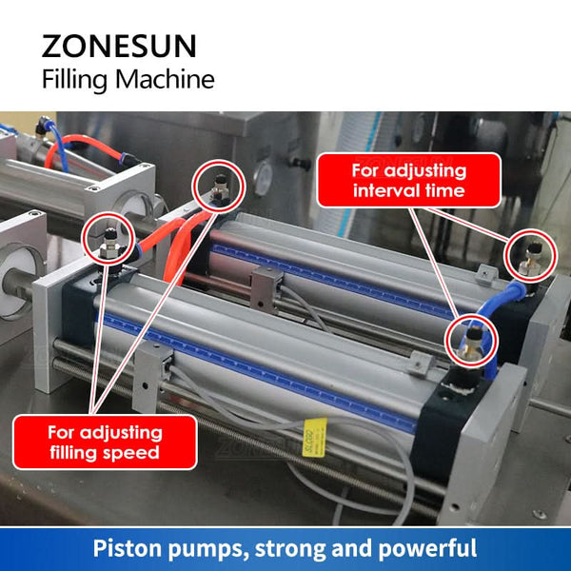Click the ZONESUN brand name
pos(119,47)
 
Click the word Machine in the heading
pos(165,79)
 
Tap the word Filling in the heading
pos(74,80)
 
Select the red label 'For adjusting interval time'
pos(409,180)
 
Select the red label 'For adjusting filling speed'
pos(105,443)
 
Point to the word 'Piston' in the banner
pos(126,548)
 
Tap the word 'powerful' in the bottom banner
pos(428,548)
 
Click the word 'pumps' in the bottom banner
pos(207,550)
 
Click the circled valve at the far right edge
pos(530,256)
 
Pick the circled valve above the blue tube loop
pos(471,341)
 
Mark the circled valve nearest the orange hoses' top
pos(219,187)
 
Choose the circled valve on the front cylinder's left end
pos(108,239)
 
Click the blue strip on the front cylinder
pos(259,372)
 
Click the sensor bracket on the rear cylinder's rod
pos(266,289)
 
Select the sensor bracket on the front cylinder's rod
pos(152,377)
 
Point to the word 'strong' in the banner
pos(289,549)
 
